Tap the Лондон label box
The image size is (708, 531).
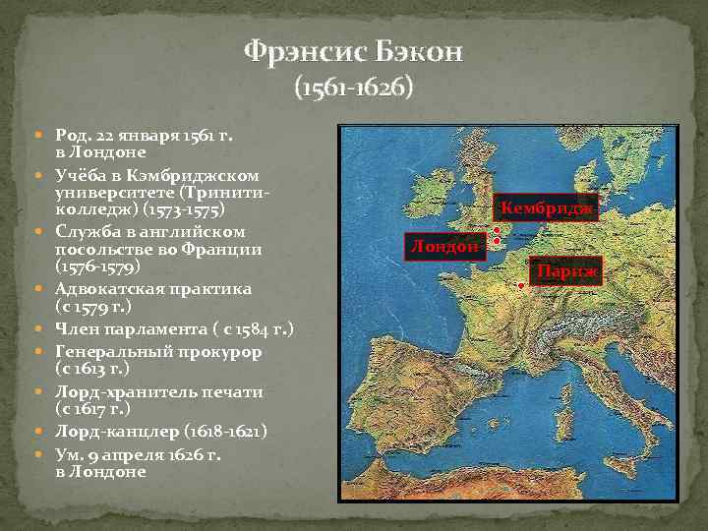click(x=446, y=247)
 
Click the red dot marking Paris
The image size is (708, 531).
click(x=520, y=286)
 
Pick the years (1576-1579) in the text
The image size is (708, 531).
click(x=104, y=266)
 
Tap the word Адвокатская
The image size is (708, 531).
click(x=107, y=289)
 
